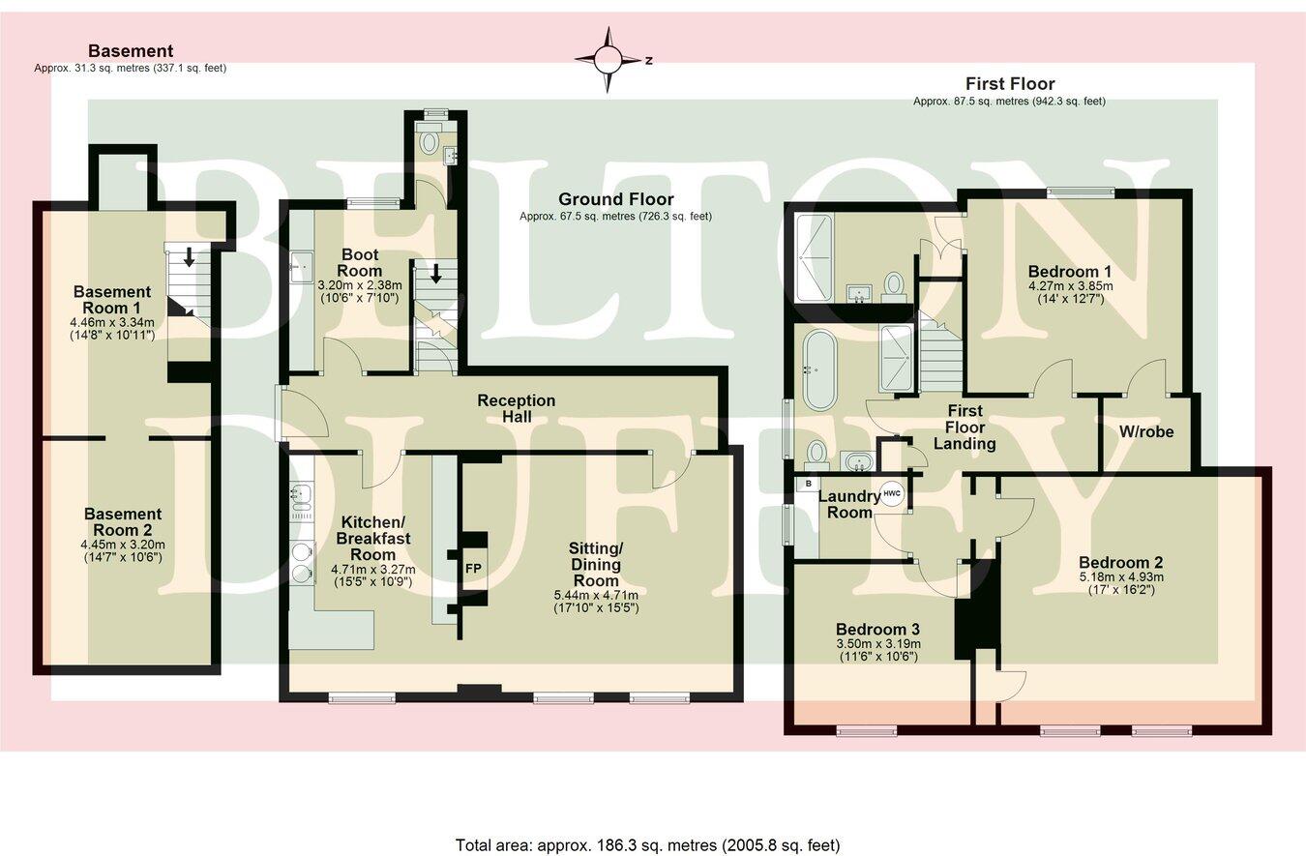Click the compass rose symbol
[x=608, y=60]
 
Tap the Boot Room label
[x=359, y=262]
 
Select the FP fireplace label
[x=473, y=568]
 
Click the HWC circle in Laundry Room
[x=891, y=493]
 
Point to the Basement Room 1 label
[x=112, y=299]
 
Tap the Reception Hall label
[x=517, y=408]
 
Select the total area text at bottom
[x=647, y=844]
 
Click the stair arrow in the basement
[x=190, y=256]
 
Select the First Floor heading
[x=1010, y=84]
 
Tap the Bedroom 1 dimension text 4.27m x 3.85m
[x=1070, y=286]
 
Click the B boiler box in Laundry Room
[x=807, y=484]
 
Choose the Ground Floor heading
[x=615, y=199]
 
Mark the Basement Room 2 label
[x=122, y=521]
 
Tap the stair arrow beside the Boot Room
[x=435, y=273]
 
